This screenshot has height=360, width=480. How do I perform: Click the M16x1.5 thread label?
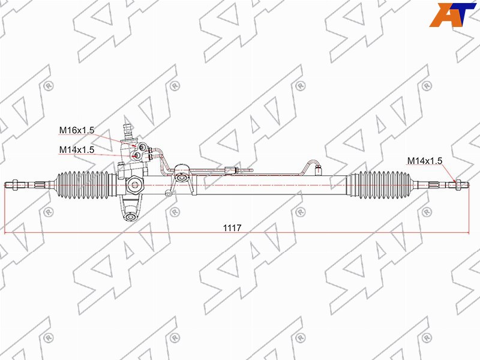[77, 130]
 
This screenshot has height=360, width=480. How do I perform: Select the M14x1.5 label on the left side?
[77, 149]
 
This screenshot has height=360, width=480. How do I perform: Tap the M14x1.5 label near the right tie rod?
[425, 161]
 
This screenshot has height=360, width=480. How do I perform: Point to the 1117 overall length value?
[232, 228]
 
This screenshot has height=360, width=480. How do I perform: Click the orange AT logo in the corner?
[452, 14]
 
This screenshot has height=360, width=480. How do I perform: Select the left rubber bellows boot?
[83, 184]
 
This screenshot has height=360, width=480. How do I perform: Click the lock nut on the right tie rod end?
[458, 185]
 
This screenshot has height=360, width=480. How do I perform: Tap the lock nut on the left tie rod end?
[14, 185]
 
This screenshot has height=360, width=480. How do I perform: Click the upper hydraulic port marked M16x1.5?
[142, 148]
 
